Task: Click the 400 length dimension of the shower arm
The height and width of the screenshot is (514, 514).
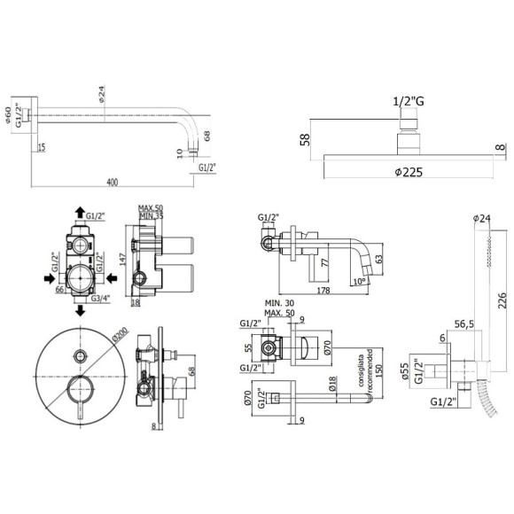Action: coord(112,182)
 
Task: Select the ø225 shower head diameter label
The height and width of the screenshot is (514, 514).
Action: coord(409,172)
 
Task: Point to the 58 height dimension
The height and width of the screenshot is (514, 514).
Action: coord(304,140)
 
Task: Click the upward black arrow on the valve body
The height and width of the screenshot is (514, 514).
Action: coord(80,212)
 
